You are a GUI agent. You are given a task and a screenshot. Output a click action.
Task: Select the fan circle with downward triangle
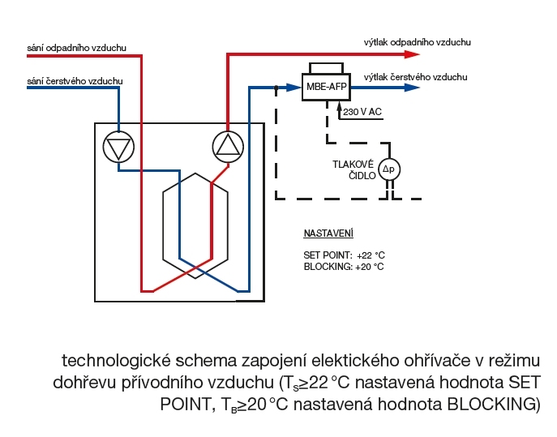pyautogui.click(x=118, y=147)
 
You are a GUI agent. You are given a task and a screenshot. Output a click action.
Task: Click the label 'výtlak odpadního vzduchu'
pyautogui.click(x=418, y=41)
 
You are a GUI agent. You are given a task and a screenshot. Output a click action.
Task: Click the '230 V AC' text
pyautogui.click(x=362, y=112)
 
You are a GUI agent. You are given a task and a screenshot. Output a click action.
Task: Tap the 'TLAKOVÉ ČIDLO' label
pyautogui.click(x=353, y=169)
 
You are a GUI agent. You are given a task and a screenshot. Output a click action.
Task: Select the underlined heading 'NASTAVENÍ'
pyautogui.click(x=328, y=233)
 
